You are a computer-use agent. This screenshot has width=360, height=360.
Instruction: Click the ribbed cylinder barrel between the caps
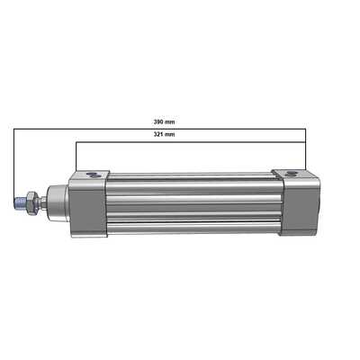[x=193, y=205]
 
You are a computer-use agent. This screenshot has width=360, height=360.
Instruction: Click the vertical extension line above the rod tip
[x=13, y=162]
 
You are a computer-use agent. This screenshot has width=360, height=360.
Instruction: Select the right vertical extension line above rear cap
[x=306, y=148]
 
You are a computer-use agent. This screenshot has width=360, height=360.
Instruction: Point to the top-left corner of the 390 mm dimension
[x=13, y=129]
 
